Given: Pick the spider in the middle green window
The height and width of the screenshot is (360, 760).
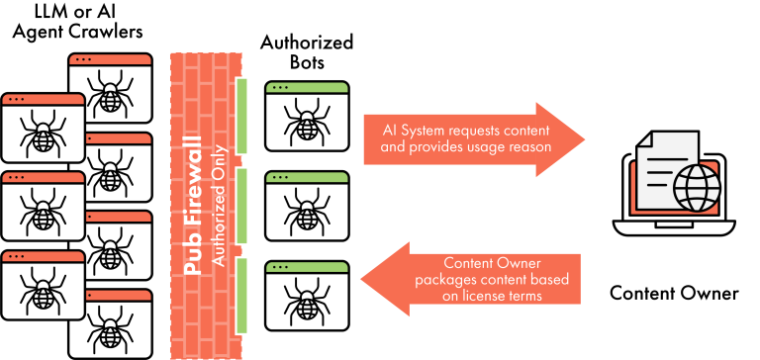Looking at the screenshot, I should [307, 211].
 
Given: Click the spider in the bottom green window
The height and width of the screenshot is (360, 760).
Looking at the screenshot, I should [307, 300].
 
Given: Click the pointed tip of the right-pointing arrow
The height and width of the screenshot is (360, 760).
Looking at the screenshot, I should [585, 138].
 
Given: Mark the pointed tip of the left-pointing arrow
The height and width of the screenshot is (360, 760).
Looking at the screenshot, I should [358, 279].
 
